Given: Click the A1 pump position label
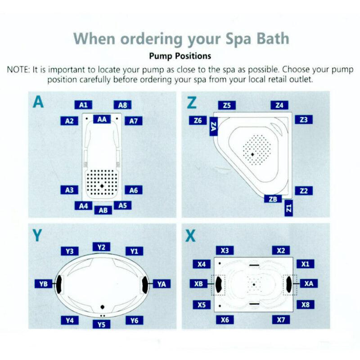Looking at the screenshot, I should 83,105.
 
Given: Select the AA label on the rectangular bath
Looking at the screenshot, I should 102,119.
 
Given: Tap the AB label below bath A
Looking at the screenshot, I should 103,210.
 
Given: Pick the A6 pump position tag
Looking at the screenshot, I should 133,190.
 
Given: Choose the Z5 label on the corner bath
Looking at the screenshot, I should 227,105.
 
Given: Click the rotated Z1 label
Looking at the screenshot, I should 289,208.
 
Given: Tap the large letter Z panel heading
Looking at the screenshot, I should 192,103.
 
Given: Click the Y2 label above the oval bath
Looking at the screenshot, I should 101,247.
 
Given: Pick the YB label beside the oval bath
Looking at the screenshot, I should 44,283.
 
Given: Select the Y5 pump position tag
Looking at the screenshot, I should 101,324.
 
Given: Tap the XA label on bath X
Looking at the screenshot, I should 308,283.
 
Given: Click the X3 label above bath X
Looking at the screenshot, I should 225,250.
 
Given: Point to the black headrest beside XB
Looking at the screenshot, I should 219,283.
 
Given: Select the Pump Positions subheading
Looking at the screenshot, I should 180,57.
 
